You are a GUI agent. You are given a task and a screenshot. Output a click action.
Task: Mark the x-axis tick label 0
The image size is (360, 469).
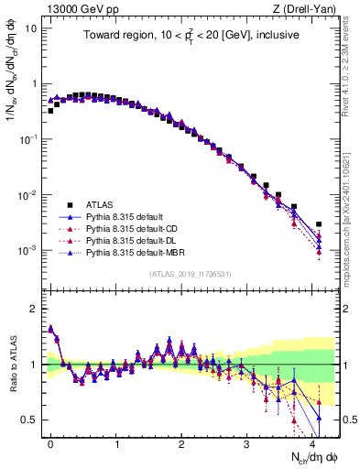(x=50, y=442)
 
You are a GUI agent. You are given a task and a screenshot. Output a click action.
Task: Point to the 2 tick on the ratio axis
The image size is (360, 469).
(x=31, y=309)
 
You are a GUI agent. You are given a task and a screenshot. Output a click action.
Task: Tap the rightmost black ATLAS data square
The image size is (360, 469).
(x=319, y=224)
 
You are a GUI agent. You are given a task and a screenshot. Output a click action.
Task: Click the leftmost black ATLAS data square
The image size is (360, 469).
(x=50, y=111)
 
